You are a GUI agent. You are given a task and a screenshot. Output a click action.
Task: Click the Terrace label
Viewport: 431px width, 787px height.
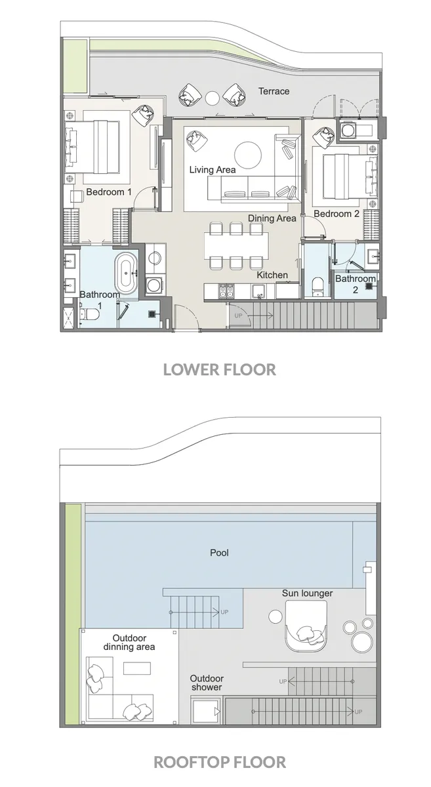[274, 91]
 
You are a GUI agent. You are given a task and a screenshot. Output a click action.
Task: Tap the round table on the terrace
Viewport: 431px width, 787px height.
[212, 98]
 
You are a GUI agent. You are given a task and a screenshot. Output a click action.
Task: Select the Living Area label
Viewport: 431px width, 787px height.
[212, 170]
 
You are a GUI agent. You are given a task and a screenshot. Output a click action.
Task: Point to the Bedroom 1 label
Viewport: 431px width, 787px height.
[109, 192]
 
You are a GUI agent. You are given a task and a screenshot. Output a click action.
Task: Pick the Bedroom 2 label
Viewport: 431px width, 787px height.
[337, 214]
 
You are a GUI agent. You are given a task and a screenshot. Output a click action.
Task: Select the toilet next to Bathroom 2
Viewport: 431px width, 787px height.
[318, 285]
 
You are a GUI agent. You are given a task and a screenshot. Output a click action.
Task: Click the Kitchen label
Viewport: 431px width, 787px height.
[272, 275]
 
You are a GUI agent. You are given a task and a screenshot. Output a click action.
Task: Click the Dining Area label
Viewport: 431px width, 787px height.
[272, 218]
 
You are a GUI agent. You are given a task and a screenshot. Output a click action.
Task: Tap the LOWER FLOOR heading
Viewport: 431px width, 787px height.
[219, 369]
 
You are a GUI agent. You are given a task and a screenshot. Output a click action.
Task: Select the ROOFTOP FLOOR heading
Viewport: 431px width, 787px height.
[219, 762]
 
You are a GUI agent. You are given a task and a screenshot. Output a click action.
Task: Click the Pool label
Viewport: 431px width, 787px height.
[219, 553]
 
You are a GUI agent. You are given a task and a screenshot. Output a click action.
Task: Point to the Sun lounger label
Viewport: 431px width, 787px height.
[307, 594]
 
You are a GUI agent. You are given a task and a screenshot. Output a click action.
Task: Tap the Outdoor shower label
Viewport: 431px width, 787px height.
[207, 683]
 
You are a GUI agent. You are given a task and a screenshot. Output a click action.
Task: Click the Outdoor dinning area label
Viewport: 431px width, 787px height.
[129, 642]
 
